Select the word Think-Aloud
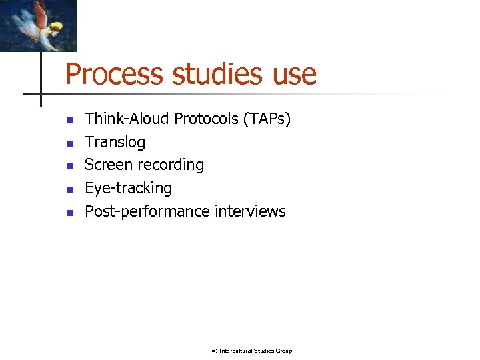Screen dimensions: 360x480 (x=127, y=119)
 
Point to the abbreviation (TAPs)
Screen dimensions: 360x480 (x=267, y=119)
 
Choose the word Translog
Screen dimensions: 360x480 (x=115, y=142)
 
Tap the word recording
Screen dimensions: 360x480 (x=171, y=165)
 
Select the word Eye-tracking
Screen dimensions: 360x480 (x=128, y=189)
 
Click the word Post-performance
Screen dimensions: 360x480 (x=147, y=211)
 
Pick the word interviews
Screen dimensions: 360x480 (x=250, y=211)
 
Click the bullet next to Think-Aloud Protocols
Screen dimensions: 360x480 (x=69, y=121)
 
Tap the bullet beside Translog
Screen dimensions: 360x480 (x=69, y=143)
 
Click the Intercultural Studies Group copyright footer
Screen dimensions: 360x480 (x=252, y=351)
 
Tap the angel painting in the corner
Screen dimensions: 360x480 (x=38, y=25)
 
